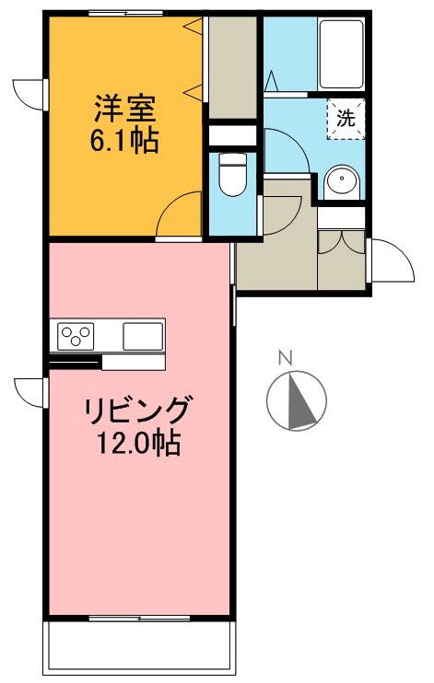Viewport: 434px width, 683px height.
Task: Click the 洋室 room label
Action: pyautogui.click(x=126, y=109)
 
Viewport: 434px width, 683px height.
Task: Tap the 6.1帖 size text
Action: pyautogui.click(x=126, y=142)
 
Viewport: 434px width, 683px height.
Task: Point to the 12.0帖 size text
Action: pyautogui.click(x=138, y=444)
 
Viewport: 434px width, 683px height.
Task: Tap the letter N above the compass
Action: pyautogui.click(x=287, y=358)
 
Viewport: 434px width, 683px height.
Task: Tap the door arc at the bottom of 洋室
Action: pyautogui.click(x=179, y=217)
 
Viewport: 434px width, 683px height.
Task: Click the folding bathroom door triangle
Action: pyautogui.click(x=272, y=81)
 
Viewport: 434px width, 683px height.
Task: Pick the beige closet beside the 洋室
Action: pyautogui.click(x=230, y=69)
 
